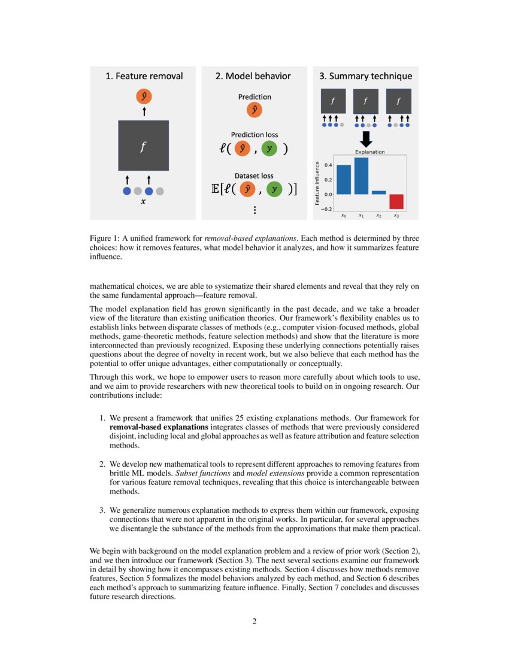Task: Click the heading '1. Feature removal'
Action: (144, 76)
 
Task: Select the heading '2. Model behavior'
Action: (253, 76)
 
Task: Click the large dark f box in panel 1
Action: (143, 146)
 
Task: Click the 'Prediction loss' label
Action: (255, 135)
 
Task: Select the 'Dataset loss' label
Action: (255, 176)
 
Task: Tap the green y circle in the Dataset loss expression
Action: (274, 189)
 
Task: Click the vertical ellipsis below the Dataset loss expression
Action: (255, 210)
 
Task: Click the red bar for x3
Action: (396, 201)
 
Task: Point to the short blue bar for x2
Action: (379, 192)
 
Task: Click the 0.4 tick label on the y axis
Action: (328, 164)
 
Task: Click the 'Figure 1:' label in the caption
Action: (104, 238)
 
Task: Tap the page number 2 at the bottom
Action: (254, 621)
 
